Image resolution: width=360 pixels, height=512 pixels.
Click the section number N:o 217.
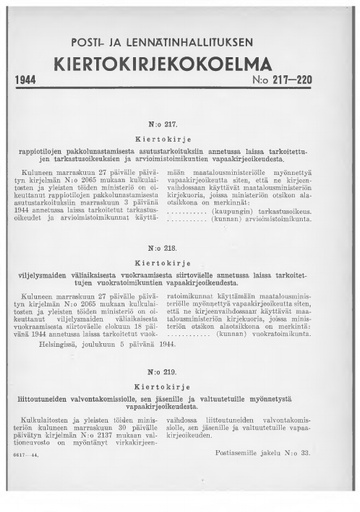tap(180, 117)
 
